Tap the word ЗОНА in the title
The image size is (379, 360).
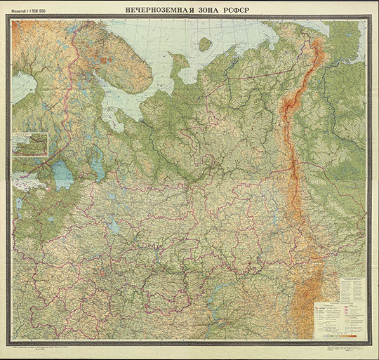pyautogui.click(x=217, y=10)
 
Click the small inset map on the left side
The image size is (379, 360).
pyautogui.click(x=29, y=145)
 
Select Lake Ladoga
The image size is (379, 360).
pyautogui.click(x=62, y=173)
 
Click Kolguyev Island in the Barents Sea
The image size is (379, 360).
pyautogui.click(x=205, y=44)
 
